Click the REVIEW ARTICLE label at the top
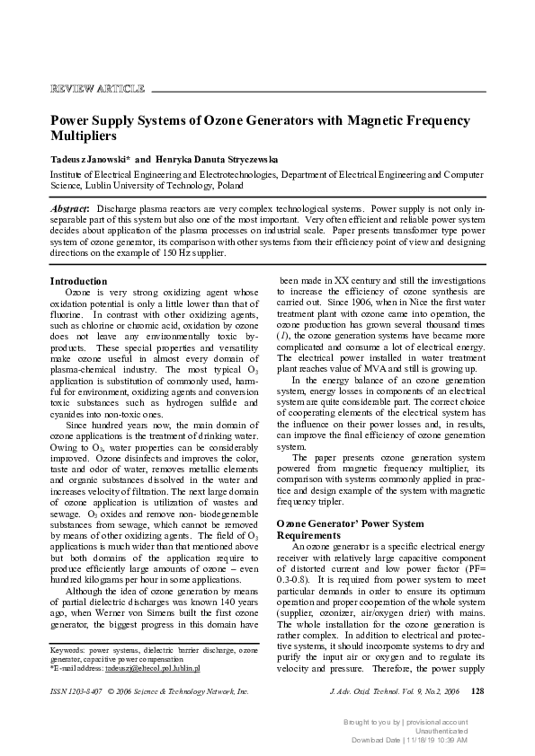pos(97,88)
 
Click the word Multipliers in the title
pos(84,137)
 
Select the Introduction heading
pos(78,281)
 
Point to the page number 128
pos(477,716)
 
